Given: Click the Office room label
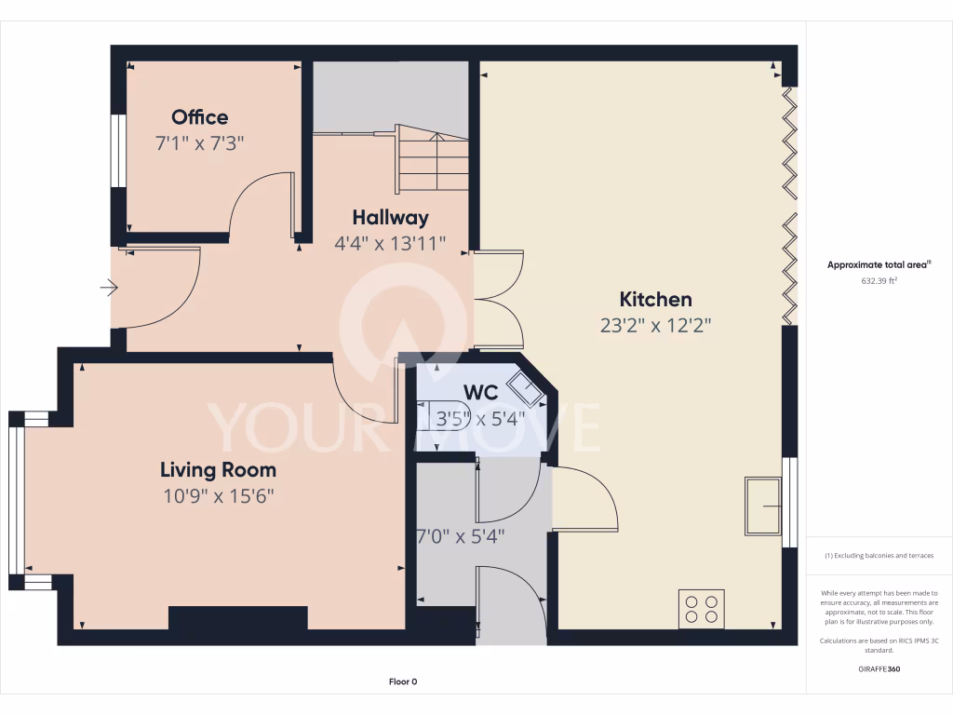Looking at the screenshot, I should pyautogui.click(x=199, y=117).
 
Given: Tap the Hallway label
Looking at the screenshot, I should pyautogui.click(x=390, y=218).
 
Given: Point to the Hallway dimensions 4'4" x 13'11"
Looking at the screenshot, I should pyautogui.click(x=390, y=244).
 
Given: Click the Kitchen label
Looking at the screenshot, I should pyautogui.click(x=656, y=300).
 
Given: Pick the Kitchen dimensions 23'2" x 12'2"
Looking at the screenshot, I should pyautogui.click(x=656, y=326).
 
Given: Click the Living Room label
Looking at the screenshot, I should pyautogui.click(x=218, y=470).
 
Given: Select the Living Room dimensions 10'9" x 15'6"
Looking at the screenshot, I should pyautogui.click(x=218, y=496).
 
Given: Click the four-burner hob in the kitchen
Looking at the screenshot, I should pyautogui.click(x=702, y=608).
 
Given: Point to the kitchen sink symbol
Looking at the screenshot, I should pyautogui.click(x=763, y=506).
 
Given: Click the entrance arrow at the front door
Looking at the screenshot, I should pyautogui.click(x=110, y=289).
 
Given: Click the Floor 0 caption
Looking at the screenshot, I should pyautogui.click(x=402, y=681).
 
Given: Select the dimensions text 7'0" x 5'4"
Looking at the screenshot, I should pyautogui.click(x=462, y=536).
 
